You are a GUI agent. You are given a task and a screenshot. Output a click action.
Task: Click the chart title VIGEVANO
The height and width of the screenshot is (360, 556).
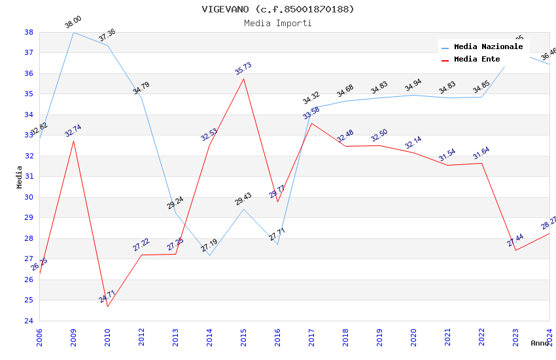pyautogui.click(x=277, y=9)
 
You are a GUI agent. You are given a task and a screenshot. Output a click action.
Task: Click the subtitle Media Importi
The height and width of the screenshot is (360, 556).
pyautogui.click(x=277, y=23)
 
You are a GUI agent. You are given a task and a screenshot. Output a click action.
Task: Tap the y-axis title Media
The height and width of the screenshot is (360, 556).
pyautogui.click(x=20, y=177)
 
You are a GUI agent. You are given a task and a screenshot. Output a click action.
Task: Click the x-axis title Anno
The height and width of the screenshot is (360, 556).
pyautogui.click(x=539, y=343)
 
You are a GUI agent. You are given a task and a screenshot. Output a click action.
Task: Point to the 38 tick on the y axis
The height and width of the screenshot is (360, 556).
pyautogui.click(x=29, y=32)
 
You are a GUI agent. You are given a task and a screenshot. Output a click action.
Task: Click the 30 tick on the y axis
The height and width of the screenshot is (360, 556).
pyautogui.click(x=29, y=197)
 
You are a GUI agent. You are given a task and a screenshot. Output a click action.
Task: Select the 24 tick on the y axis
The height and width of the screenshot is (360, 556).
pyautogui.click(x=29, y=321)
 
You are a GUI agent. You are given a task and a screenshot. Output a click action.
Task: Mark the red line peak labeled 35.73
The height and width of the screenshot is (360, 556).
pyautogui.click(x=243, y=79)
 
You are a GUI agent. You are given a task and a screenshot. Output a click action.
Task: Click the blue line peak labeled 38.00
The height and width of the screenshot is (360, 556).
pyautogui.click(x=73, y=32)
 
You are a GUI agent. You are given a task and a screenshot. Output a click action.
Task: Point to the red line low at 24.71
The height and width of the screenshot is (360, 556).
pyautogui.click(x=107, y=306)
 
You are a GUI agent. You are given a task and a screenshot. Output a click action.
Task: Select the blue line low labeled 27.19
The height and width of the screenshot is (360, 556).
pyautogui.click(x=209, y=255)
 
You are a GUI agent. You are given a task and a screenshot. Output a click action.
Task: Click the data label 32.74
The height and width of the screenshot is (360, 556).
pyautogui.click(x=73, y=131)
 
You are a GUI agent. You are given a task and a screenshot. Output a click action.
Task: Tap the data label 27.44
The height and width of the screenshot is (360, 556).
pyautogui.click(x=515, y=240)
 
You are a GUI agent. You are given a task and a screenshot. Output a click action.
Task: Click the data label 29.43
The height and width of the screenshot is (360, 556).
pyautogui.click(x=243, y=199)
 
